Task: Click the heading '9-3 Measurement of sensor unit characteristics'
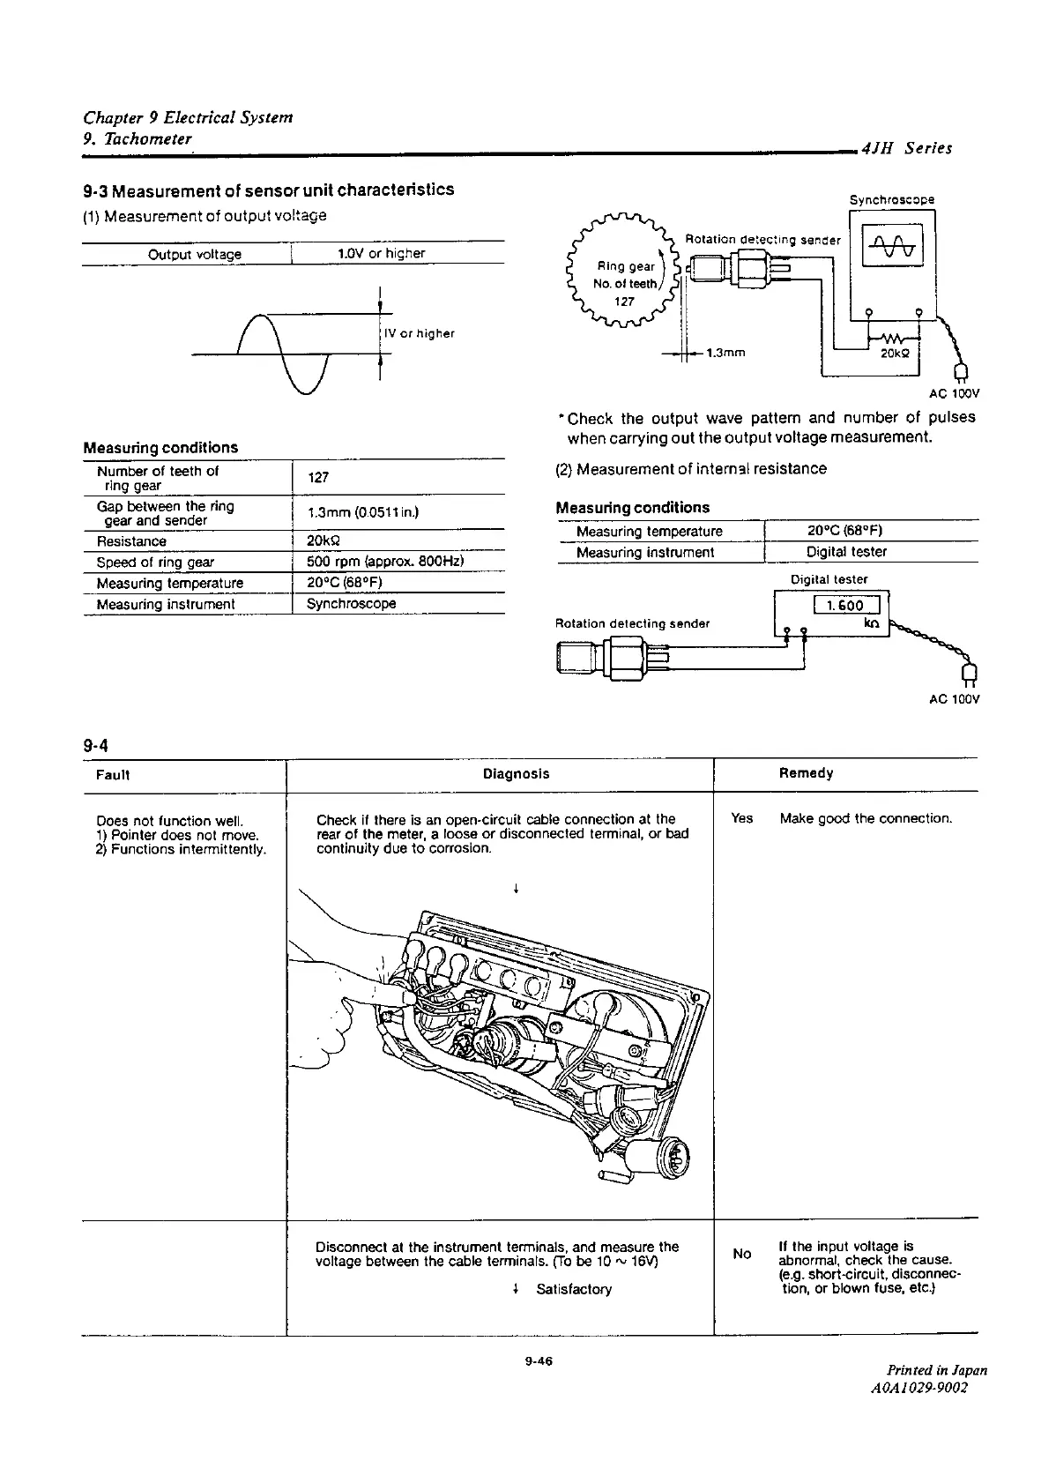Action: click(269, 190)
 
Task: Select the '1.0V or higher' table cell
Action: click(381, 254)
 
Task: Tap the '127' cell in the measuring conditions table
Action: click(318, 477)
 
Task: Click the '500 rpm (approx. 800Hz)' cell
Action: click(385, 562)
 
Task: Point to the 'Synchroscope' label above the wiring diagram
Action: click(891, 200)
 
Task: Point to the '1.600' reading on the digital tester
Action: click(845, 605)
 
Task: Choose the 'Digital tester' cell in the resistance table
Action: click(846, 552)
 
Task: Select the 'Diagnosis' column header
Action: click(516, 774)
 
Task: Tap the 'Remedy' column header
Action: click(806, 773)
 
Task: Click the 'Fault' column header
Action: click(113, 775)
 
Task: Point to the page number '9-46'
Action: click(537, 1361)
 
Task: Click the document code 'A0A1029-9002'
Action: click(918, 1388)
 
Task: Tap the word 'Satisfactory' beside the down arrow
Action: click(573, 1289)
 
